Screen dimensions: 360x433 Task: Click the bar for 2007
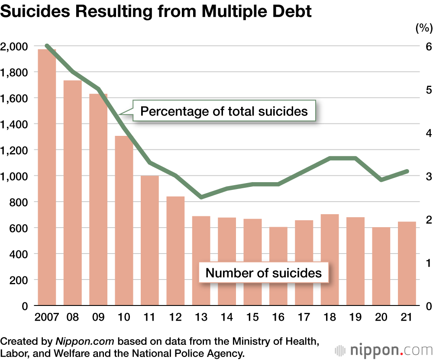[47, 177]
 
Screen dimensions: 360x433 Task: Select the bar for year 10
[124, 221]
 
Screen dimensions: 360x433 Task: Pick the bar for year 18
[330, 260]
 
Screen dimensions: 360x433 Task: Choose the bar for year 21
[407, 264]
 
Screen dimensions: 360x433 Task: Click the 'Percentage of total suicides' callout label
[224, 111]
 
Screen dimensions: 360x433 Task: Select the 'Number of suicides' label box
[263, 273]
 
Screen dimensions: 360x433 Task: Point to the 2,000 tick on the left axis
[15, 46]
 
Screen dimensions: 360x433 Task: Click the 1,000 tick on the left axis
[15, 176]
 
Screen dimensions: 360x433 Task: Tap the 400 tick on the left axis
[19, 254]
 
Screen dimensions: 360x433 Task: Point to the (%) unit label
[424, 29]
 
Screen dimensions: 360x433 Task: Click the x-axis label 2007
[46, 317]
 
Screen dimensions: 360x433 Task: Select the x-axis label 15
[252, 317]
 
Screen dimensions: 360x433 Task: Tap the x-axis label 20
[381, 317]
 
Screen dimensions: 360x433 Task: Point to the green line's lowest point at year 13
[201, 197]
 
